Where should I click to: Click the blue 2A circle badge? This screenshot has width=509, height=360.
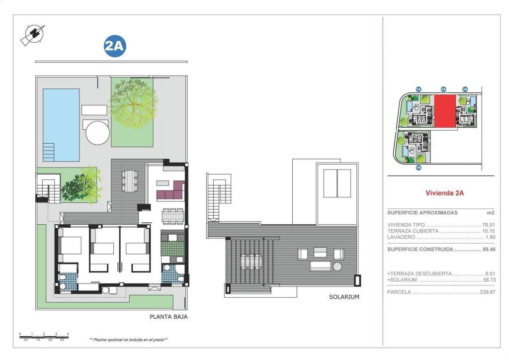point(114,46)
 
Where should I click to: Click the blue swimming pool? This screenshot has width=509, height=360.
point(61,124)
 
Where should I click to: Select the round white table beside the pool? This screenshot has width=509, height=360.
point(97,132)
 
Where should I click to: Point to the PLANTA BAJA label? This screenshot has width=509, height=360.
point(169,316)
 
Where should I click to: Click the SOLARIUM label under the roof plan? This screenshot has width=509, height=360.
point(343,297)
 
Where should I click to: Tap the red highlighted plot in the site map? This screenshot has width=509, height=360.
point(444,111)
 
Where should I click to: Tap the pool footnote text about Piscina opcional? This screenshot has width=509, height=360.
point(128,340)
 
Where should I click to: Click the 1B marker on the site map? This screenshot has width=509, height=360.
point(419,168)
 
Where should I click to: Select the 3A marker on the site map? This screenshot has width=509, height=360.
point(465,89)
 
